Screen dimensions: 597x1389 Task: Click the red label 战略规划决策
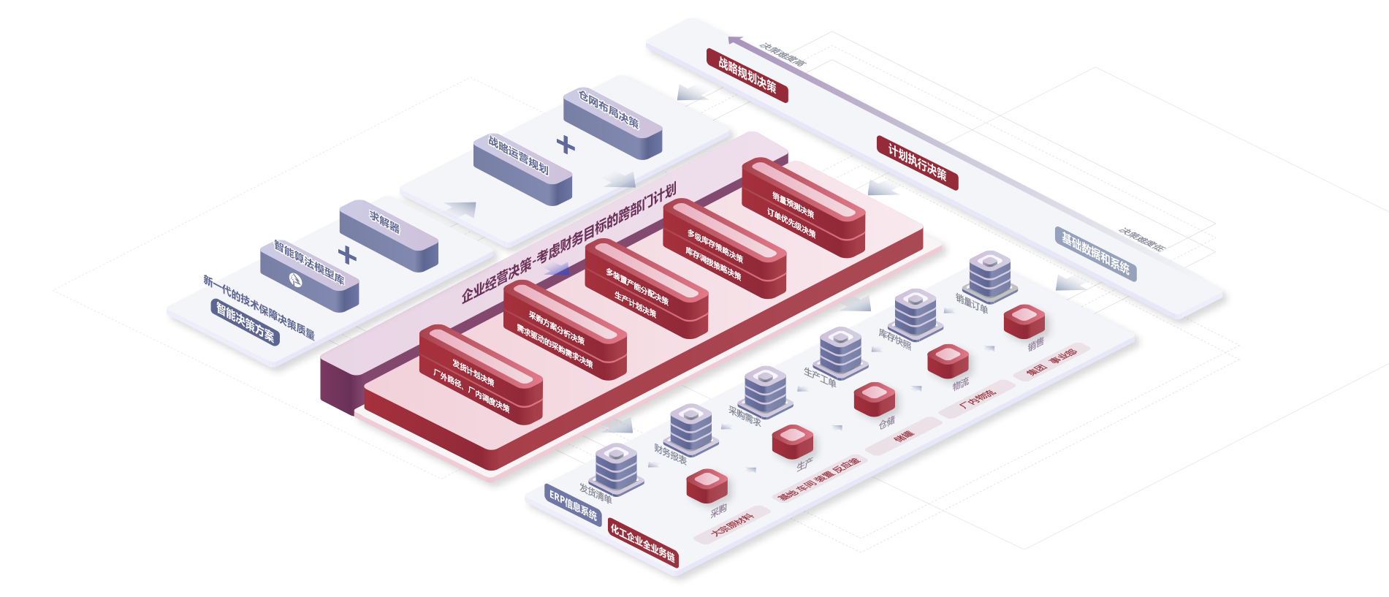pos(747,75)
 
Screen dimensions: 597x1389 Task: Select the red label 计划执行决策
pos(917,162)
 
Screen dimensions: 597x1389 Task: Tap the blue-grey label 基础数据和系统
pos(1095,253)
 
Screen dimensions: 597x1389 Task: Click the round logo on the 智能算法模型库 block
pos(296,278)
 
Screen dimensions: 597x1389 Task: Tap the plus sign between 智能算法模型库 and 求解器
pos(347,255)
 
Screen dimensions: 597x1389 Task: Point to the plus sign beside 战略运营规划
pos(565,144)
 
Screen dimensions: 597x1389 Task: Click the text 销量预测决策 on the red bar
pos(794,205)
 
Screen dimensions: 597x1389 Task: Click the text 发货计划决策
pos(473,373)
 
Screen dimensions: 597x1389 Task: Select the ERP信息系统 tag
pos(573,504)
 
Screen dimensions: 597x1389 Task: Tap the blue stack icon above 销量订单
pos(990,273)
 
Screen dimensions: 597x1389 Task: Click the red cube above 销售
pos(1024,320)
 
